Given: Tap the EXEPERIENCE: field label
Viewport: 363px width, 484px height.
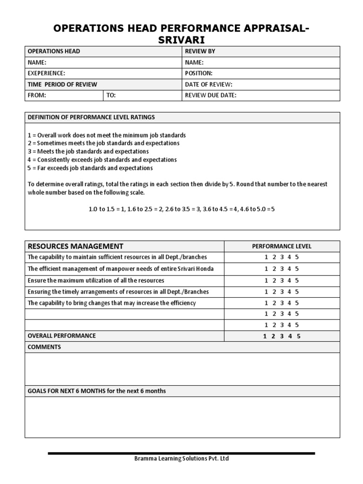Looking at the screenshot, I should click(46, 73).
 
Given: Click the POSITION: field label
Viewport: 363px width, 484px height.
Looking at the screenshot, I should click(199, 73).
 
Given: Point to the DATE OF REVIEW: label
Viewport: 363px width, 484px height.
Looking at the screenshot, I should click(208, 85).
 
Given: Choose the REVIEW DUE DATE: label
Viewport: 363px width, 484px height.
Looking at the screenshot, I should click(210, 95).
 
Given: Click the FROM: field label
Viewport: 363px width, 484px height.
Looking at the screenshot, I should click(37, 95).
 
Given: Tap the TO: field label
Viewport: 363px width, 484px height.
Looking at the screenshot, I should click(111, 95).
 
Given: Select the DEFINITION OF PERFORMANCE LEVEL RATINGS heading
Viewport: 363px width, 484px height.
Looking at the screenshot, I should click(91, 117).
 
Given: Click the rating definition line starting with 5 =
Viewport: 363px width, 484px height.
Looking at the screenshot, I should click(90, 168).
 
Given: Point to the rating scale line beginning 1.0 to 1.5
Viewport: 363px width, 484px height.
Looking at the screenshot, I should click(181, 209).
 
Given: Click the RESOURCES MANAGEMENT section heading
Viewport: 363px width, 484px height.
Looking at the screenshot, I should click(76, 246).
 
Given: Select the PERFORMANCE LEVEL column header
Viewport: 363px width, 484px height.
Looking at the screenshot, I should click(282, 246).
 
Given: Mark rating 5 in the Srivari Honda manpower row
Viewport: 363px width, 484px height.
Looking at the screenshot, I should click(297, 268).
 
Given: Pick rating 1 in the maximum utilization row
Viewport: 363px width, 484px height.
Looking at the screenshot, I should click(266, 280).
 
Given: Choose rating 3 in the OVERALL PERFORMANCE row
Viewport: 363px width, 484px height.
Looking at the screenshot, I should click(282, 337).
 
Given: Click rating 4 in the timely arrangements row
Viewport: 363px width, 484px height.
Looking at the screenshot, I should click(289, 292).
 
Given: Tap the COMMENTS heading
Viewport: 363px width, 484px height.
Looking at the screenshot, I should click(44, 347).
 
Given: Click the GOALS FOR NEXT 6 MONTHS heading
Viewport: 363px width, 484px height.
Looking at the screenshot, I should click(97, 391).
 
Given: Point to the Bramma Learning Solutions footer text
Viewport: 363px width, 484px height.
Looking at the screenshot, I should click(182, 459).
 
